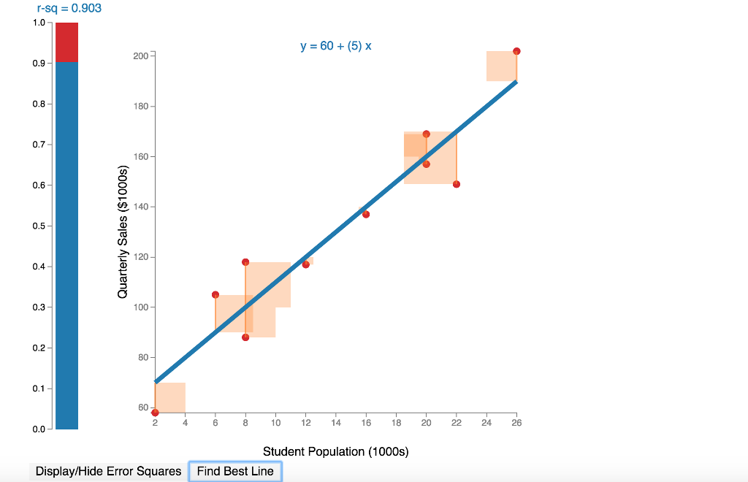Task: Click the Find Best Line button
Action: click(235, 471)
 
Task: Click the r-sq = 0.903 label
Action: click(69, 9)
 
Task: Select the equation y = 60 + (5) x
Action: click(336, 46)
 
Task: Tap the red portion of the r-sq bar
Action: click(66, 42)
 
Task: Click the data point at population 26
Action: click(516, 51)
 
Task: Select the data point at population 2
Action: click(155, 413)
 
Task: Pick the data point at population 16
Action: click(366, 214)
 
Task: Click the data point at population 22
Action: click(457, 184)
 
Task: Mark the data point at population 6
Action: click(215, 294)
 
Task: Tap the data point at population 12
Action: click(305, 264)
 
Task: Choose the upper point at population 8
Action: click(245, 262)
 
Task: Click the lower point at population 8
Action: click(245, 337)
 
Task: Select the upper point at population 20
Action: click(427, 134)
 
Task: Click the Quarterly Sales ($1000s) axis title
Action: click(123, 232)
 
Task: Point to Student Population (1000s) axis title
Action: click(336, 451)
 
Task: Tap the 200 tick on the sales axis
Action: click(141, 56)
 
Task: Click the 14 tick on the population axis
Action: click(336, 423)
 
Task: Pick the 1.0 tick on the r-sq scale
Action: click(39, 23)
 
